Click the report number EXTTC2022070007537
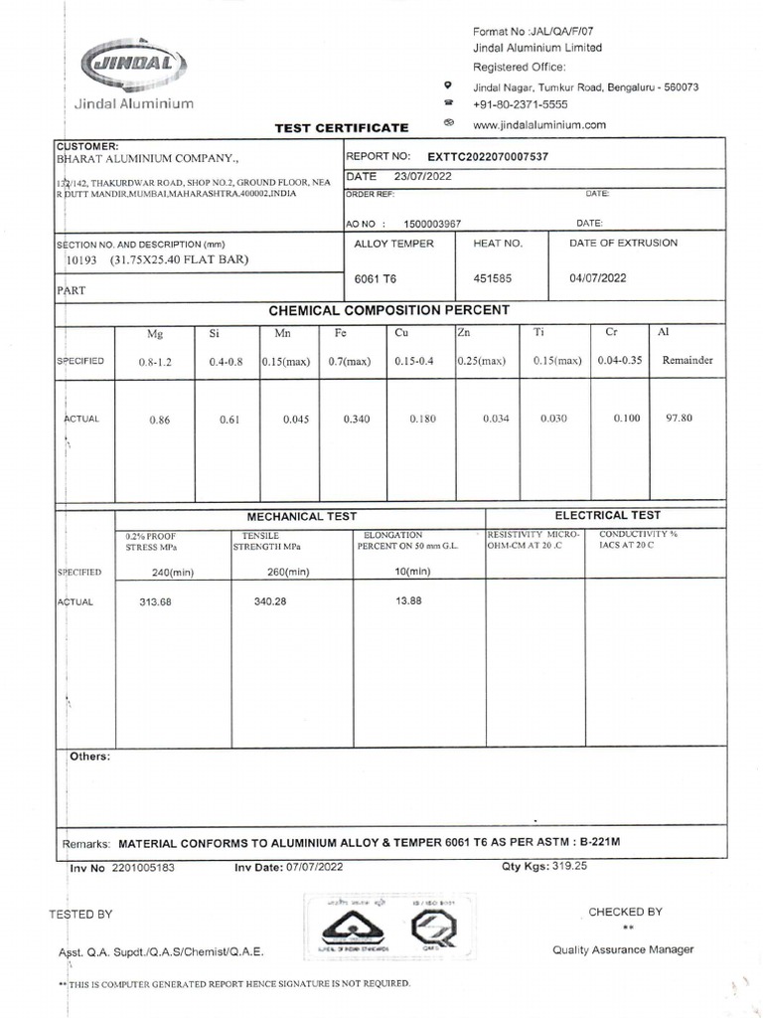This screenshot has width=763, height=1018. pyautogui.click(x=488, y=157)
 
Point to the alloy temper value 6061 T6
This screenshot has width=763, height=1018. pyautogui.click(x=376, y=279)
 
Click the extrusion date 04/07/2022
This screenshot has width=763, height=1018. pyautogui.click(x=598, y=279)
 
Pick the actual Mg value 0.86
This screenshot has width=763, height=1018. pyautogui.click(x=160, y=421)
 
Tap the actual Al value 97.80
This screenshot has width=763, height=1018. pyautogui.click(x=681, y=419)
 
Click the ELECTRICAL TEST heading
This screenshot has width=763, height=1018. pyautogui.click(x=607, y=515)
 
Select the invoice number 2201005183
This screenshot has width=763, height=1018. pyautogui.click(x=143, y=868)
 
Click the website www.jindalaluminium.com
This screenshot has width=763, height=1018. pyautogui.click(x=539, y=124)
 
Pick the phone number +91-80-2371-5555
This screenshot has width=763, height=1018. pyautogui.click(x=521, y=104)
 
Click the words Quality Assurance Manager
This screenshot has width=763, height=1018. pyautogui.click(x=623, y=950)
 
